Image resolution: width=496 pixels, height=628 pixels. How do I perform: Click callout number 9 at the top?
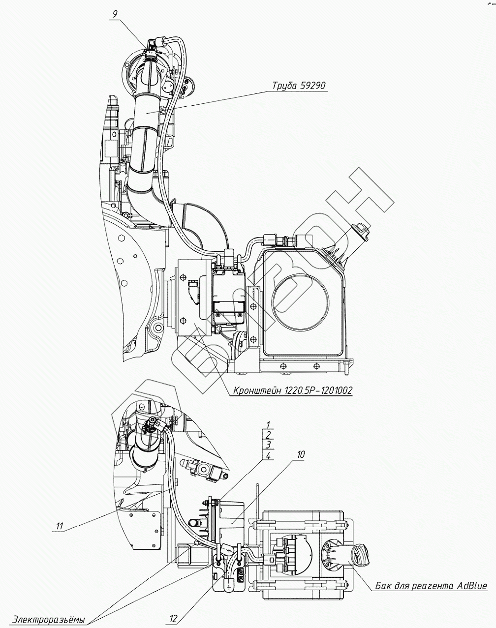(115, 14)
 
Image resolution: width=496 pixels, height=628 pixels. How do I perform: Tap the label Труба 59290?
(299, 86)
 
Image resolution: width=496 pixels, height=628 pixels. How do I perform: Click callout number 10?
(300, 454)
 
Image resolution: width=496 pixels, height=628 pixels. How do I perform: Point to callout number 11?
(60, 526)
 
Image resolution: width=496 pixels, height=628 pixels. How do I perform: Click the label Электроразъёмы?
(49, 619)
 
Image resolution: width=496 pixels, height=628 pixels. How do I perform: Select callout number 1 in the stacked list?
(268, 424)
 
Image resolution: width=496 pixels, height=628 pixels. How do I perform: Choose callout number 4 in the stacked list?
(268, 456)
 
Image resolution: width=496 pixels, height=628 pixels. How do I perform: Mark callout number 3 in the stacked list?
(268, 445)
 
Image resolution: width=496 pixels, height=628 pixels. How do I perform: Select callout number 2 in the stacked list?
(268, 435)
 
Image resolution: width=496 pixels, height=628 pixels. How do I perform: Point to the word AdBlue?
(471, 586)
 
